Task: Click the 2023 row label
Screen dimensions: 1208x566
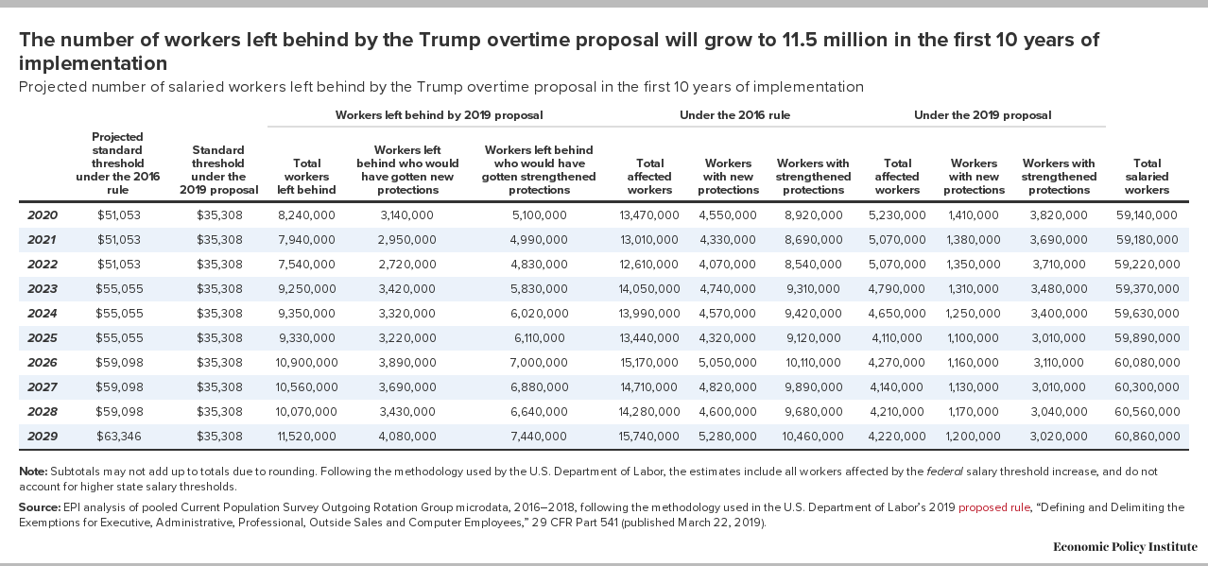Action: click(x=43, y=289)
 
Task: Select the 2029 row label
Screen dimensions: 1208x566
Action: click(x=43, y=437)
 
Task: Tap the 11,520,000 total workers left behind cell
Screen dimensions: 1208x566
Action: click(x=306, y=437)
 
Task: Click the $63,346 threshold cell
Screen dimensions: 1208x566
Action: click(x=119, y=437)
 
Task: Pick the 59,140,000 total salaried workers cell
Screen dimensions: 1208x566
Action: click(x=1147, y=215)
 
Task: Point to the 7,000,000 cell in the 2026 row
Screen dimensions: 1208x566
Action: click(x=539, y=363)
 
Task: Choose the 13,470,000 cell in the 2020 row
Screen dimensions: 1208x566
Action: click(x=649, y=215)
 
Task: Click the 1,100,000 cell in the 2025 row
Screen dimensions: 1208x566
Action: click(x=974, y=338)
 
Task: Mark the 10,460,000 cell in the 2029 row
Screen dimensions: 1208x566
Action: click(x=813, y=437)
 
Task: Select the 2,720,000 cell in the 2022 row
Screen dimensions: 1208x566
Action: click(x=406, y=265)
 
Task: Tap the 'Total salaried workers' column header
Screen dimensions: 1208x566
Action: click(x=1147, y=177)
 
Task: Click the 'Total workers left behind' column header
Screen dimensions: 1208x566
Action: click(x=306, y=177)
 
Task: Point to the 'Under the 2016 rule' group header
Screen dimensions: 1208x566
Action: click(x=734, y=115)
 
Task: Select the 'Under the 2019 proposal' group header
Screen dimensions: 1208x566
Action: click(x=983, y=115)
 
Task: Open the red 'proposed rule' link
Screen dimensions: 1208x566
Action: click(x=993, y=507)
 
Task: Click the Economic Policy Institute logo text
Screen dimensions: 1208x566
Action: click(x=1125, y=547)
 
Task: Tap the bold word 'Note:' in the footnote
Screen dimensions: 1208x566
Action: click(x=33, y=472)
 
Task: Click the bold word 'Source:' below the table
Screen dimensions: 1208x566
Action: click(x=40, y=507)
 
